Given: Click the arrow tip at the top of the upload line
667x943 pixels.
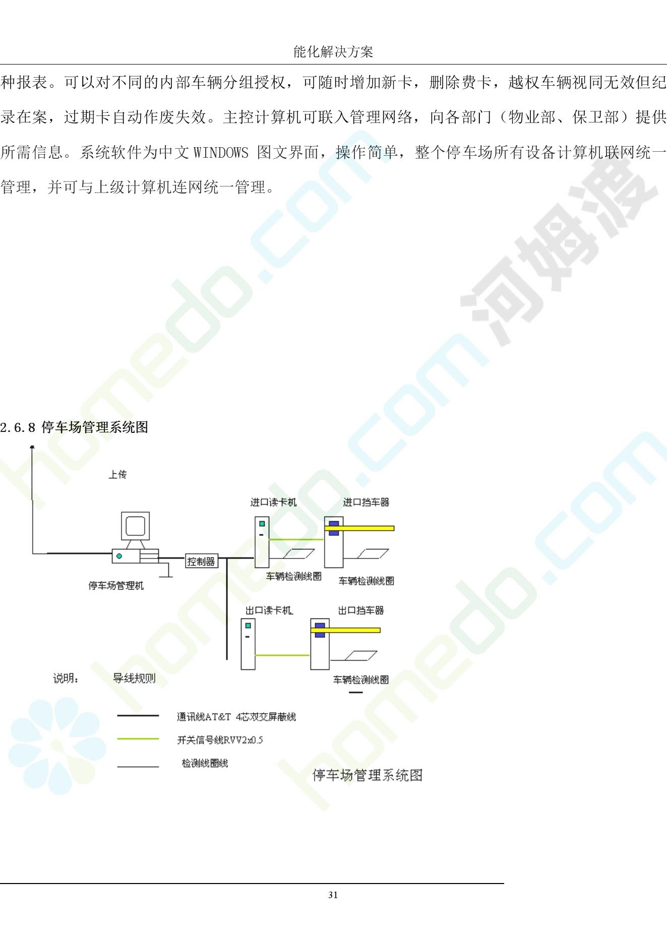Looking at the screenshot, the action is click(32, 446).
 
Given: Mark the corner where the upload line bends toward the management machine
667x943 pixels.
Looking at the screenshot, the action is click(33, 553).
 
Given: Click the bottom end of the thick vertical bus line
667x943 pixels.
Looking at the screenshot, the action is click(227, 659).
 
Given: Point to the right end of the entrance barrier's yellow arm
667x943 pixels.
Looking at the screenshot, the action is click(394, 528).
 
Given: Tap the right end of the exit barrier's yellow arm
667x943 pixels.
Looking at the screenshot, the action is click(380, 630).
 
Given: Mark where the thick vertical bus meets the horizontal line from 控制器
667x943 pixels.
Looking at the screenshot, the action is click(227, 558).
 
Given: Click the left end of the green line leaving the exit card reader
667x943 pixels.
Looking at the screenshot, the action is click(256, 655).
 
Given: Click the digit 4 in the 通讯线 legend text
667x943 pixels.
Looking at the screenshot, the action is click(238, 717).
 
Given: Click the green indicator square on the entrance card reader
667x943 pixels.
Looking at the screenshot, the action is click(262, 524).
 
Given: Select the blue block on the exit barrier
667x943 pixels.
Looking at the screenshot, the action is click(320, 630).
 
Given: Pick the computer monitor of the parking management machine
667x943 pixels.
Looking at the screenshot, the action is click(136, 527).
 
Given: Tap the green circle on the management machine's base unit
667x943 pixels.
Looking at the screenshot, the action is click(119, 556).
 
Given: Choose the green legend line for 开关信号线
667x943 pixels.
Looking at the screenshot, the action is click(138, 739).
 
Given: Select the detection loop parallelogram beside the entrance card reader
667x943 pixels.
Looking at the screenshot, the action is click(299, 554).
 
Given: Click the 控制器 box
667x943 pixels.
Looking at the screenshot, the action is click(201, 561).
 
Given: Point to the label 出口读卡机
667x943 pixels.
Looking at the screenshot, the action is click(269, 610).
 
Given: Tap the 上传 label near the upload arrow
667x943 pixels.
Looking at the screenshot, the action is click(117, 474).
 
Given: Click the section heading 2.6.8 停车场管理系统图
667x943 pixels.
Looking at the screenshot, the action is click(74, 427).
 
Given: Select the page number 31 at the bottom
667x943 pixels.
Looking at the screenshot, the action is click(333, 895).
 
